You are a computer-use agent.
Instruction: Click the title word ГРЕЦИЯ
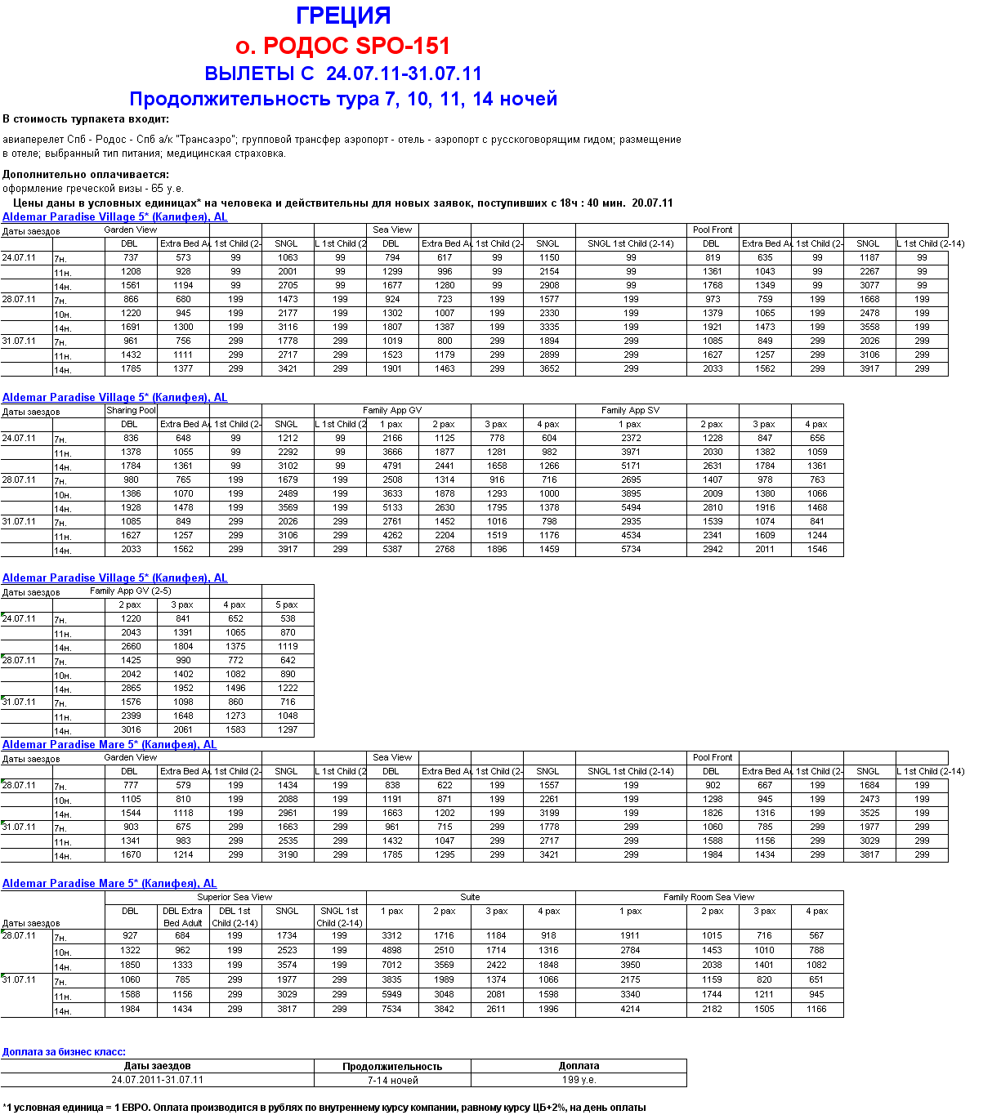[343, 16]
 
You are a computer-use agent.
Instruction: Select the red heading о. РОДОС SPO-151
[342, 46]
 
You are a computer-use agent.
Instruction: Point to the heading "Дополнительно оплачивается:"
[86, 174]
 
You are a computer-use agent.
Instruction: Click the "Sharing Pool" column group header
[131, 411]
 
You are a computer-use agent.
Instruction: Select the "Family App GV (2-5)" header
[131, 591]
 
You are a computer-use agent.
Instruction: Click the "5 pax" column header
[287, 605]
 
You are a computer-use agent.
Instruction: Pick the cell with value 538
[288, 619]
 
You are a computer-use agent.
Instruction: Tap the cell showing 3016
[131, 730]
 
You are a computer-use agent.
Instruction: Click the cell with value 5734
[631, 550]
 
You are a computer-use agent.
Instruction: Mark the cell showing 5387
[392, 550]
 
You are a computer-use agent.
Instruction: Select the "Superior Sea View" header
[235, 898]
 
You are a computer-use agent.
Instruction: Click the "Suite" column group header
[470, 898]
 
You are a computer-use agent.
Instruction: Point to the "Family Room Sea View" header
[708, 898]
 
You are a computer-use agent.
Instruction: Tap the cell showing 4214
[630, 1010]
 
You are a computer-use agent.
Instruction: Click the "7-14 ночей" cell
[392, 1081]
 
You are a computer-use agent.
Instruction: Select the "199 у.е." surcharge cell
[579, 1080]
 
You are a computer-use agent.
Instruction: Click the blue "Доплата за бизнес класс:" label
[64, 1052]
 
